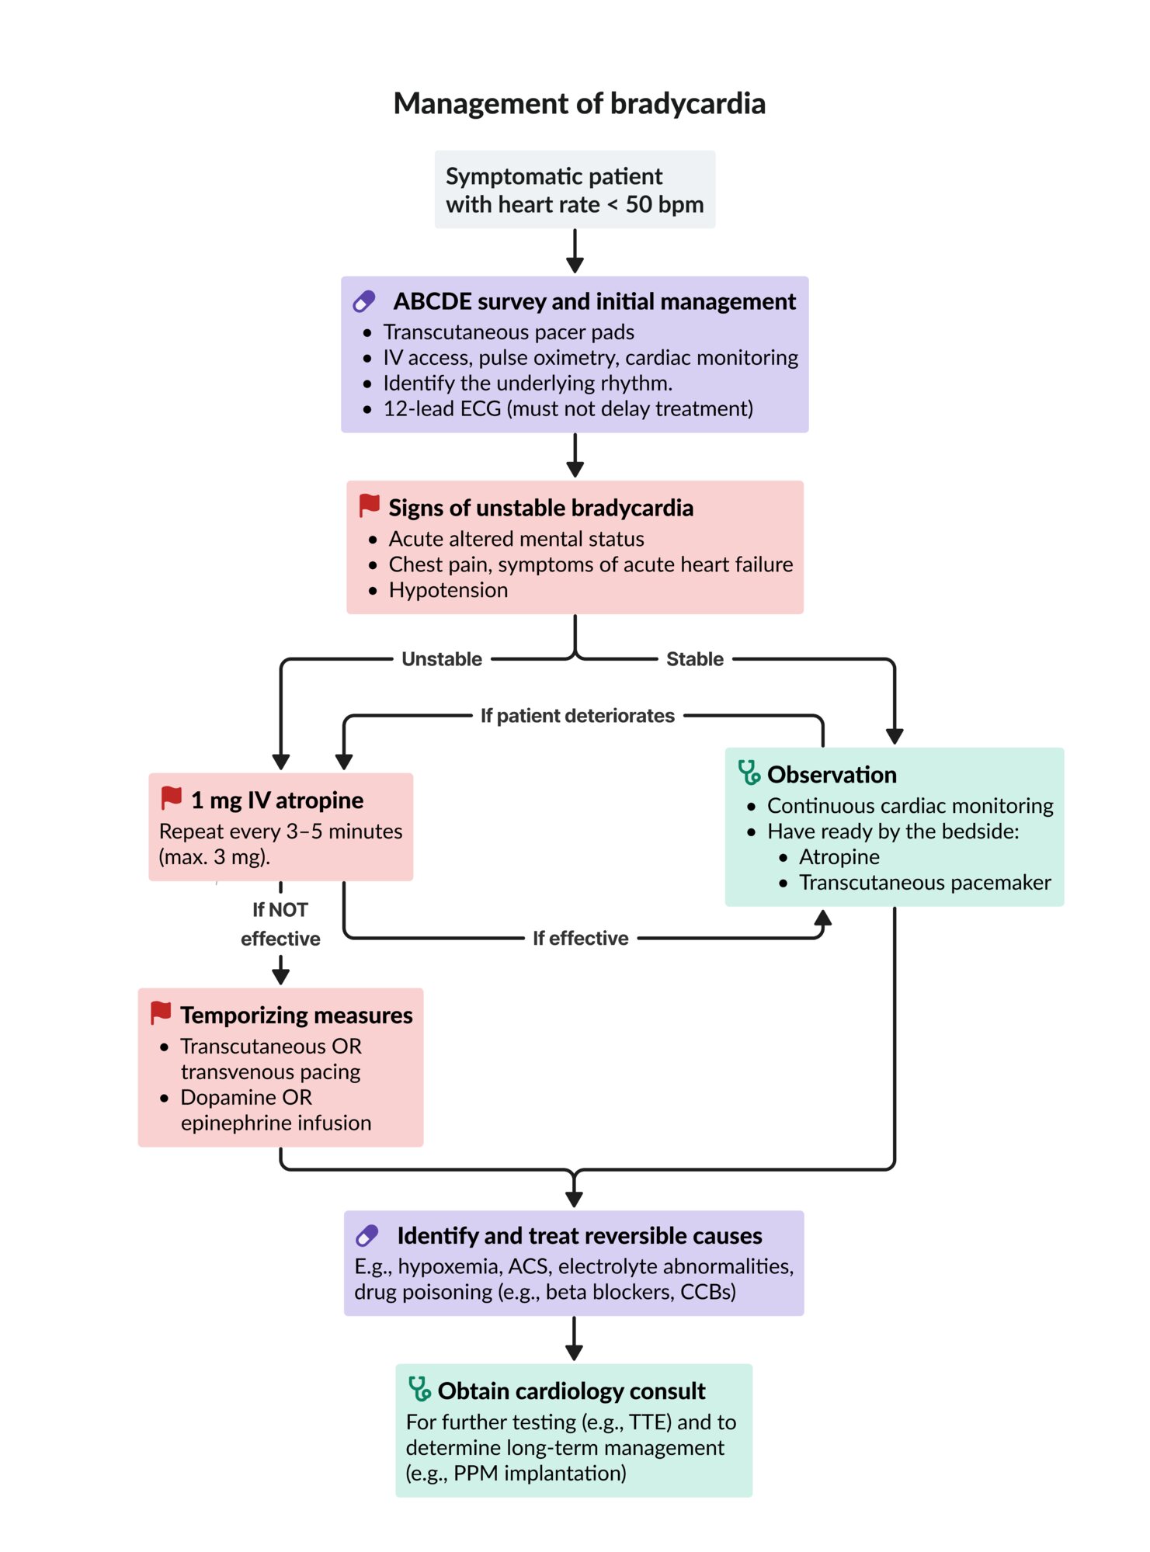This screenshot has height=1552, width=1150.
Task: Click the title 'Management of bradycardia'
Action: (x=579, y=103)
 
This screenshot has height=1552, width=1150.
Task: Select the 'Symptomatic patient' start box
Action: (x=575, y=189)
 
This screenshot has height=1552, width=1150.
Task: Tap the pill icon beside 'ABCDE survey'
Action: (x=364, y=301)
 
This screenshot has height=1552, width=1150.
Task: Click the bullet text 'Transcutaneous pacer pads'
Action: (x=509, y=332)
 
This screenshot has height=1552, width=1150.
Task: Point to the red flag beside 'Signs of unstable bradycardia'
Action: (x=369, y=505)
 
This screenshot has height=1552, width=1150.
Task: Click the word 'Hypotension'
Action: (x=448, y=590)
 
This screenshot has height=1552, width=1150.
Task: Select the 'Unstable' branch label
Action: (x=442, y=659)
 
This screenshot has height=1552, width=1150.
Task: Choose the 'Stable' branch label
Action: (x=695, y=659)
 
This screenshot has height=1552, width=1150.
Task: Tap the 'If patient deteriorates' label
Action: (x=578, y=716)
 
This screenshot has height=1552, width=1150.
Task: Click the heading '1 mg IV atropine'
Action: (x=277, y=800)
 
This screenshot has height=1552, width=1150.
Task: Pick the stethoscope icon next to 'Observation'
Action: (x=749, y=773)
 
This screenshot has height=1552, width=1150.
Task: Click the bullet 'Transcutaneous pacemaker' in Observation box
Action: (x=925, y=883)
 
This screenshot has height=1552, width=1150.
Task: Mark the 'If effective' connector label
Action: (x=581, y=939)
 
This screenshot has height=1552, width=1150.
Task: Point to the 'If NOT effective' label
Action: (x=280, y=924)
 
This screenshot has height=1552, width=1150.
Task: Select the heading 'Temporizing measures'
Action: (x=297, y=1016)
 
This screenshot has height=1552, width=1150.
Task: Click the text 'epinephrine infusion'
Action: (x=276, y=1123)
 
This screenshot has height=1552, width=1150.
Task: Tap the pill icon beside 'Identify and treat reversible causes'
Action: (x=367, y=1235)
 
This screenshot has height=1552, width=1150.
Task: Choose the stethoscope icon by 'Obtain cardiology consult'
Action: (x=419, y=1389)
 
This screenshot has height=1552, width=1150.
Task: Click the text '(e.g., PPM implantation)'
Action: (x=516, y=1474)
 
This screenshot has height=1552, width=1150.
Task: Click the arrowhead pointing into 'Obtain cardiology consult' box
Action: (x=574, y=1352)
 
